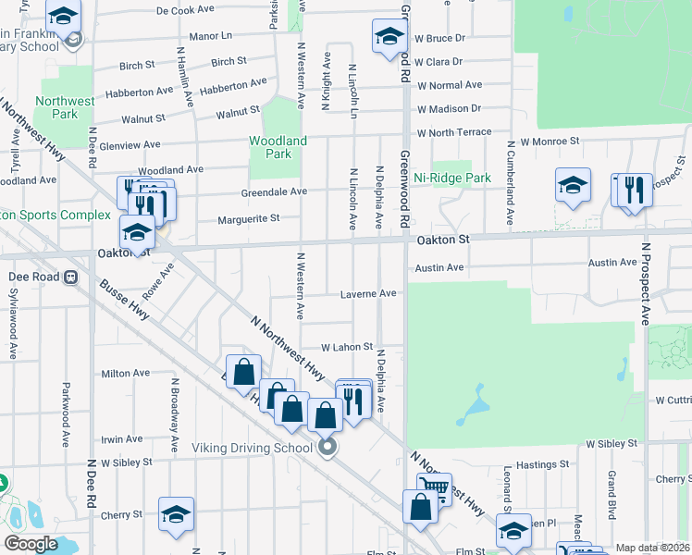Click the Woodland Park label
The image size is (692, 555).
(278, 147)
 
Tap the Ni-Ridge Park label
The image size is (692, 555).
(451, 178)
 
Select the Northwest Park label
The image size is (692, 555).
(65, 107)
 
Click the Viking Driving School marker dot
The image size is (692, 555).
(327, 448)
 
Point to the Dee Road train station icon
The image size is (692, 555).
(69, 277)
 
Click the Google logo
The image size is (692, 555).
(31, 544)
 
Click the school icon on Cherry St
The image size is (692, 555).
(175, 516)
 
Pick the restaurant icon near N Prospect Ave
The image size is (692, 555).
(635, 190)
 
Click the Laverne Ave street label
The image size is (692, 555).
(369, 293)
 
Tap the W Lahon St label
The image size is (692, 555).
(346, 347)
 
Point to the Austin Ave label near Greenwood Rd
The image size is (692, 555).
(439, 267)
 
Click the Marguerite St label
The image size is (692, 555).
(248, 219)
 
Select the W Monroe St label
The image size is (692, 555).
(549, 142)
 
